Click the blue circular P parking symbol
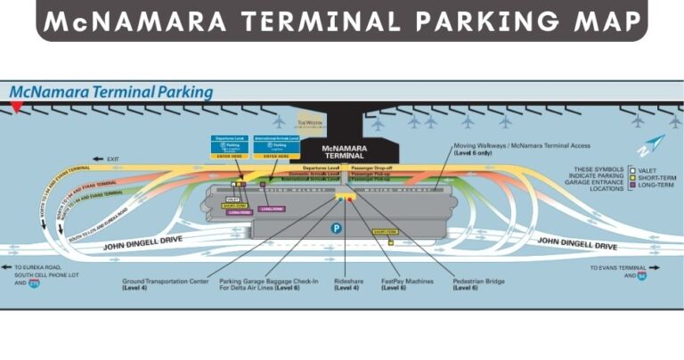pos(336,228)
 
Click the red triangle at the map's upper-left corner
pos(16,108)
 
